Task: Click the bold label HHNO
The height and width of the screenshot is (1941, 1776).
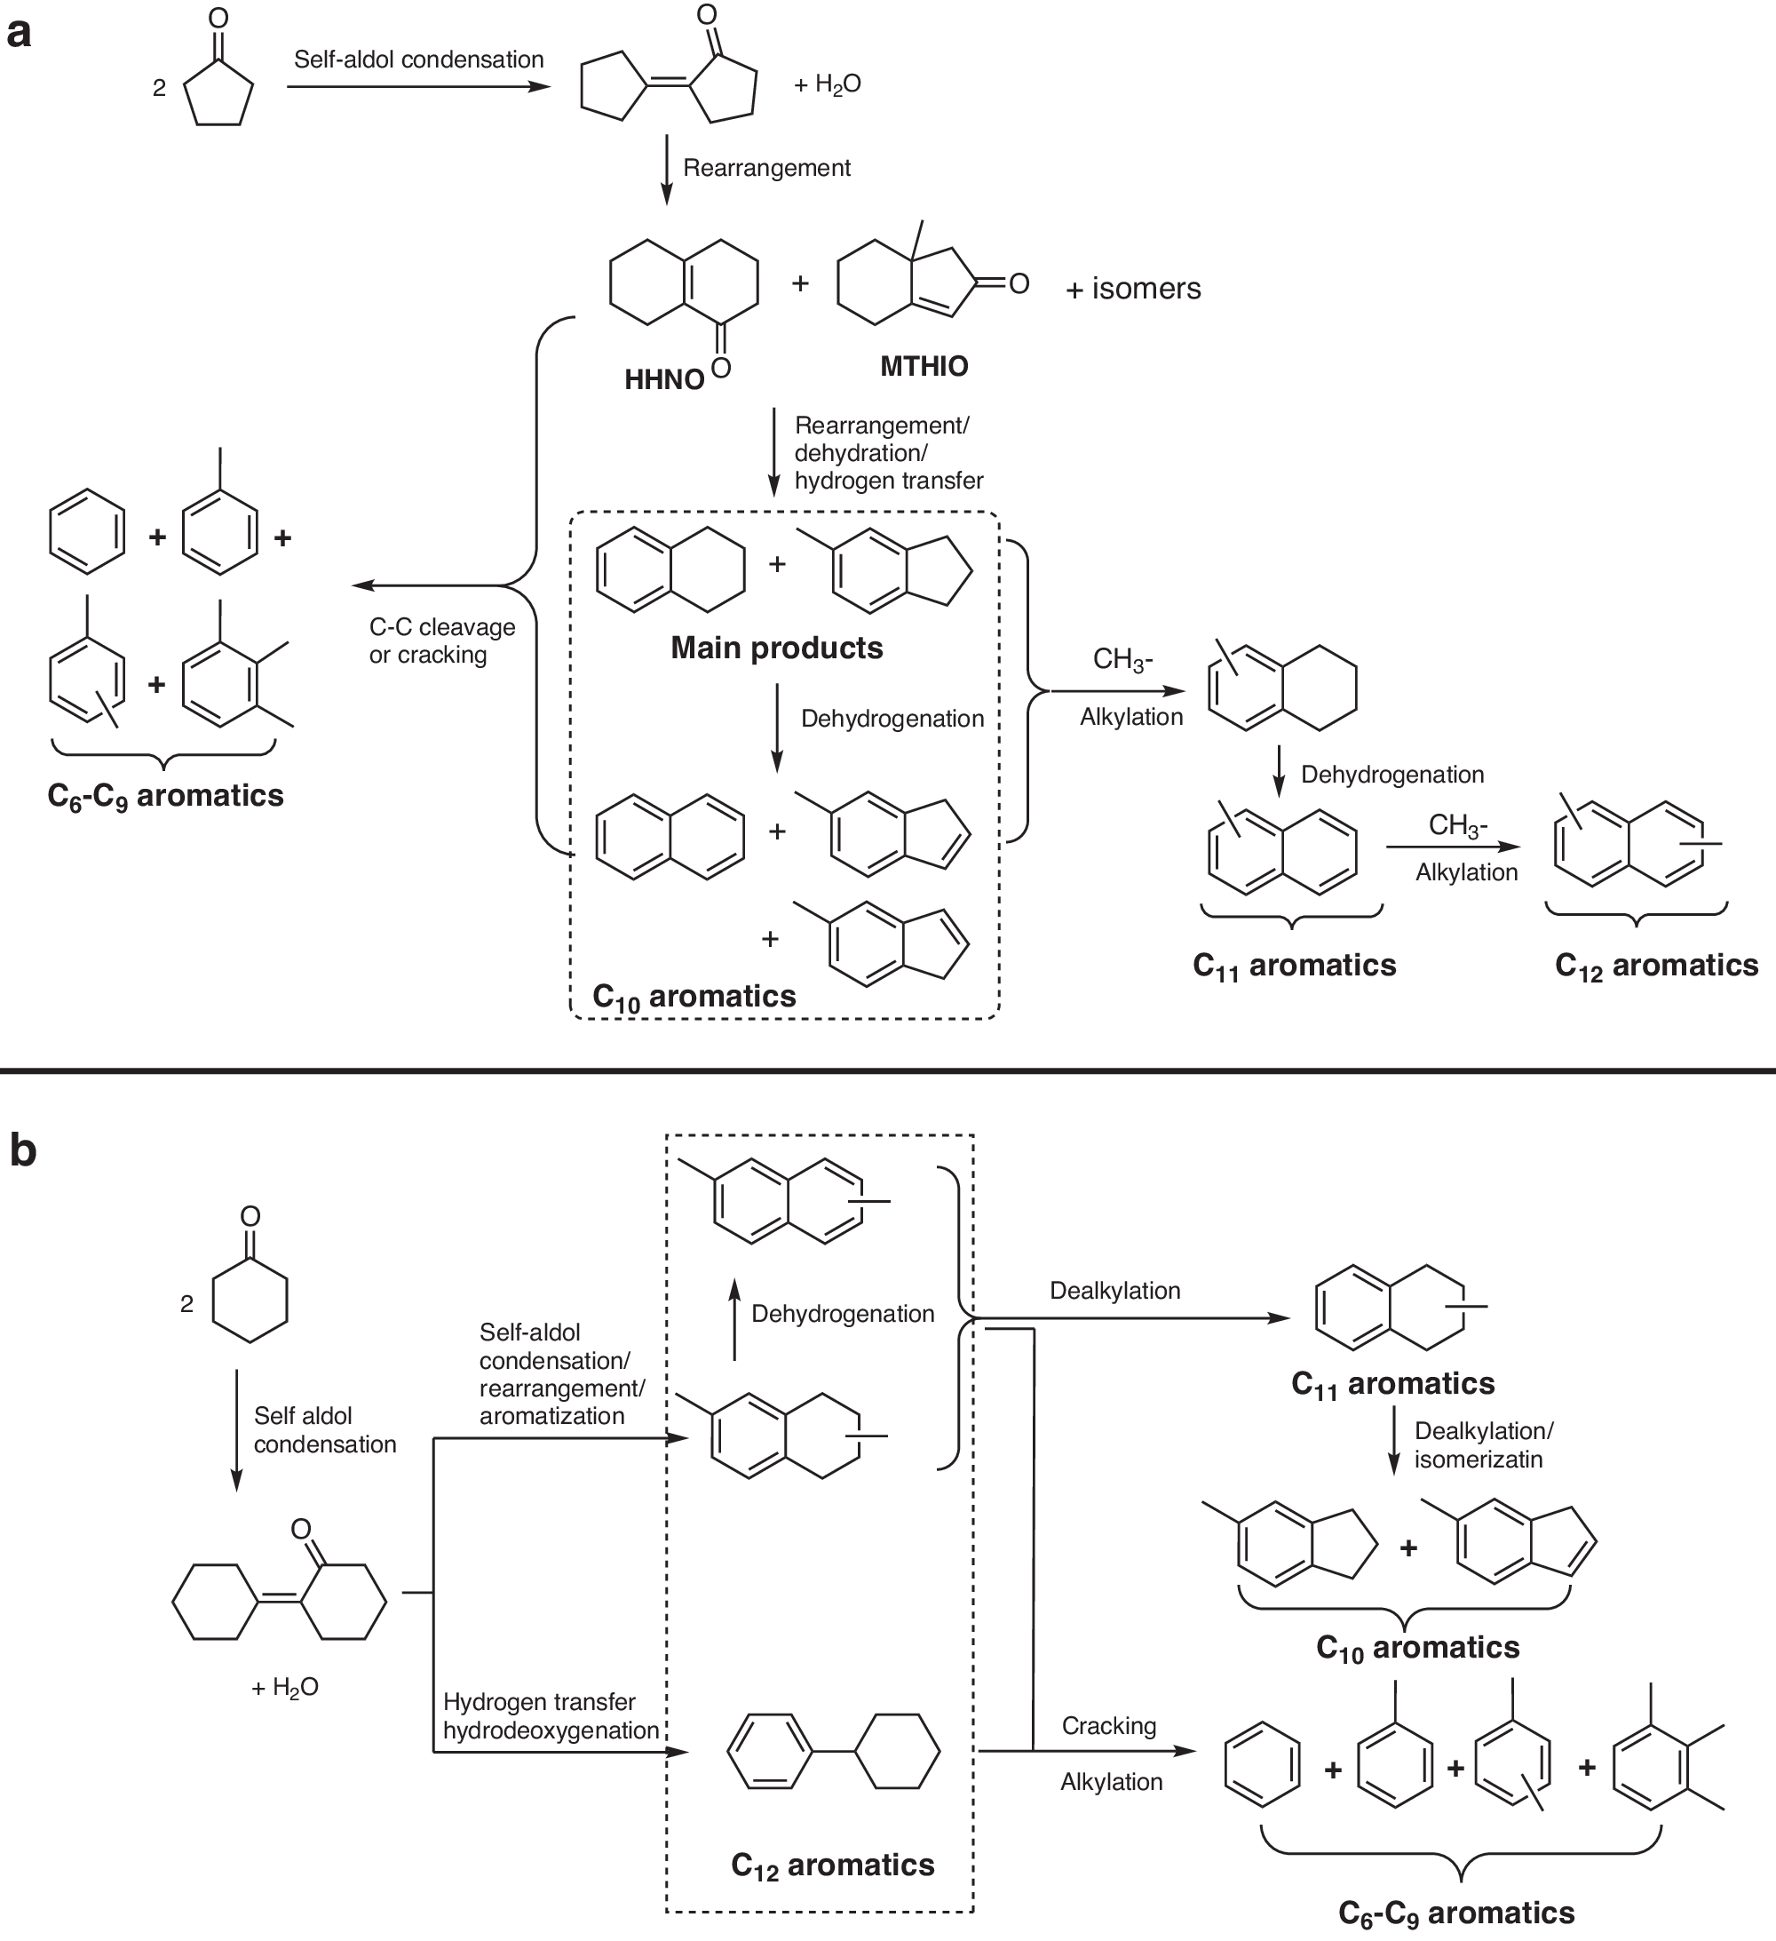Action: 664,379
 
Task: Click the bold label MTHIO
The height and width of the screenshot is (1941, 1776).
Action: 924,366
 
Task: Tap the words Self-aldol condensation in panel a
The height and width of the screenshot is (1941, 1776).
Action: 419,60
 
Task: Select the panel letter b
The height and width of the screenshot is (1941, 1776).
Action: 22,1150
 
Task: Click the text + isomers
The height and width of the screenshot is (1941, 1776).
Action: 1133,288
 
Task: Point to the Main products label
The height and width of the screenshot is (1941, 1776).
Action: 776,648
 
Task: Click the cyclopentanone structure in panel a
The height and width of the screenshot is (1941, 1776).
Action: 218,82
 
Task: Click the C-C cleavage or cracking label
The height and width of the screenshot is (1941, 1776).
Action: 442,641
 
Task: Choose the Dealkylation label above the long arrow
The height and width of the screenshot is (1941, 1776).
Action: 1114,1290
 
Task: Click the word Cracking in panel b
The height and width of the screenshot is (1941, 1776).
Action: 1109,1725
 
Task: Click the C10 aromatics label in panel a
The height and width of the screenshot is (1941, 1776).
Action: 694,997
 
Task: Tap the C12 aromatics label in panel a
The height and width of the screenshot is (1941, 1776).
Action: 1655,966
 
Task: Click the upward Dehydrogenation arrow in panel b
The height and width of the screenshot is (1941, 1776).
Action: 734,1319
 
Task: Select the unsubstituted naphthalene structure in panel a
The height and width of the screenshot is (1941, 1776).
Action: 670,836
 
